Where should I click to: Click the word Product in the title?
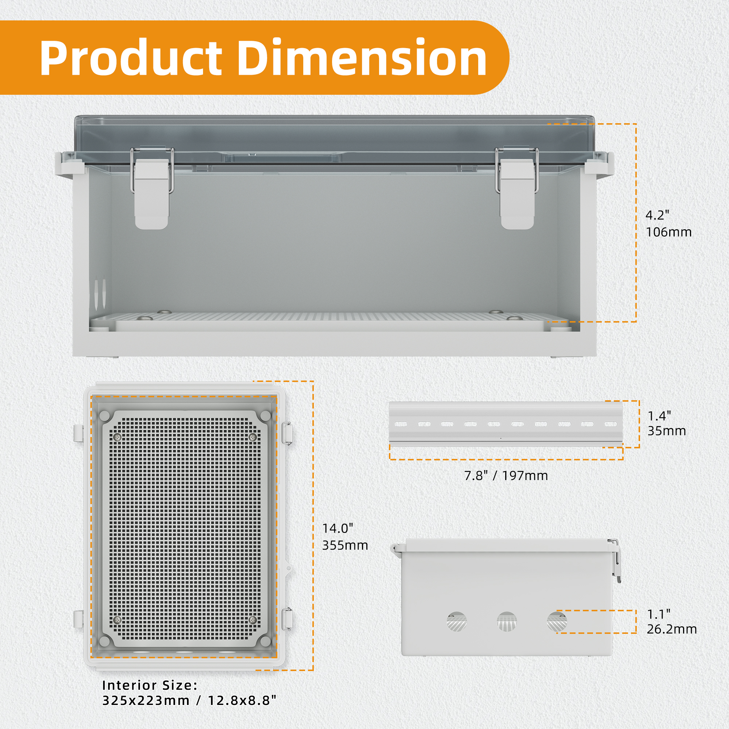click(130, 58)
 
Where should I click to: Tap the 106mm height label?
click(668, 232)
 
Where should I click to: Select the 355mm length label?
click(345, 545)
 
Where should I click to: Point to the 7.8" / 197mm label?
click(506, 476)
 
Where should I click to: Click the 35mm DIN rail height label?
click(667, 431)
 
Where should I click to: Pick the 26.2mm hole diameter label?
click(672, 629)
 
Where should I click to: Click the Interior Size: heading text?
click(150, 685)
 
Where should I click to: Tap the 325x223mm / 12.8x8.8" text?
click(189, 701)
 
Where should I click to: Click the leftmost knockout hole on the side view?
click(457, 621)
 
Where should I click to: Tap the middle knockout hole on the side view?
click(507, 621)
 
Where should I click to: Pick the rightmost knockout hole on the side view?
click(557, 621)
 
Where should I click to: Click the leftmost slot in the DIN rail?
click(401, 424)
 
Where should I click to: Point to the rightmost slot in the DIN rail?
click(611, 424)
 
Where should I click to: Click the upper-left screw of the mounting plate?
click(117, 437)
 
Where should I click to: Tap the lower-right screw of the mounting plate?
click(253, 620)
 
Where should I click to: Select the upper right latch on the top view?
click(287, 434)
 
